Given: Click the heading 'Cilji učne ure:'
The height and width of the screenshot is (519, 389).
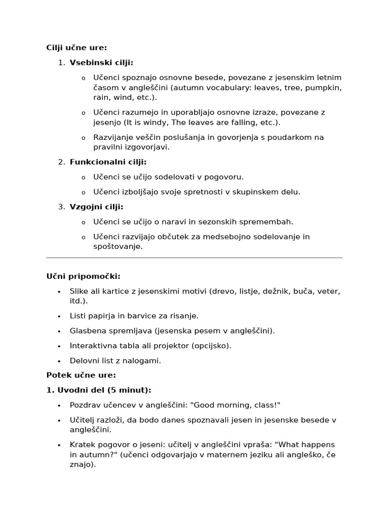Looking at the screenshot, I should pos(76,48).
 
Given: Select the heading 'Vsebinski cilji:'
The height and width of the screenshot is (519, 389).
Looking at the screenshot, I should pos(101,63).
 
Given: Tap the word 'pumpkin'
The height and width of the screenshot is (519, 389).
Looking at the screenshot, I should pos(324,88).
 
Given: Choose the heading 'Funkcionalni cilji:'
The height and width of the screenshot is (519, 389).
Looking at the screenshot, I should pos(108,162).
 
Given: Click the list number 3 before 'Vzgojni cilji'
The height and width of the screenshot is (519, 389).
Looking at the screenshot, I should pos(61,207).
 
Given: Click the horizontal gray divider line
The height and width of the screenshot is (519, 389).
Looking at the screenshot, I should pos(194,257).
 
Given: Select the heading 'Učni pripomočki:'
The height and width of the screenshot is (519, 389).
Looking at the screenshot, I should pos(84,276).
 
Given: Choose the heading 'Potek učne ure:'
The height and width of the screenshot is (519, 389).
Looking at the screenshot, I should pos(81,375).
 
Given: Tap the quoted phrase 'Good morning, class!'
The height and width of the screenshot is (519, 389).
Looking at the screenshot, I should pos(237,405).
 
